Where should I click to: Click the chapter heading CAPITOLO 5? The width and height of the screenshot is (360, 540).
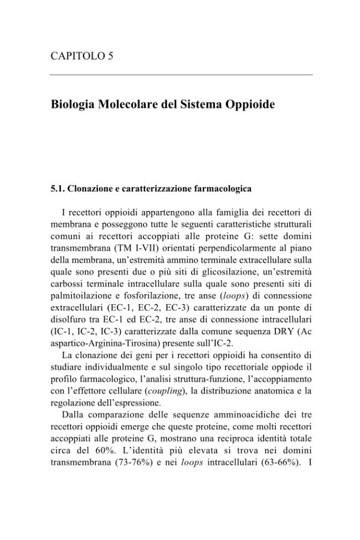pyautogui.click(x=82, y=56)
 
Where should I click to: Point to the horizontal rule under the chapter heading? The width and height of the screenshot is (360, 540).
pyautogui.click(x=181, y=75)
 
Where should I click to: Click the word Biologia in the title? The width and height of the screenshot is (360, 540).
pyautogui.click(x=72, y=104)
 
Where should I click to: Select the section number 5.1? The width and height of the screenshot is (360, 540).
pyautogui.click(x=57, y=189)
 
